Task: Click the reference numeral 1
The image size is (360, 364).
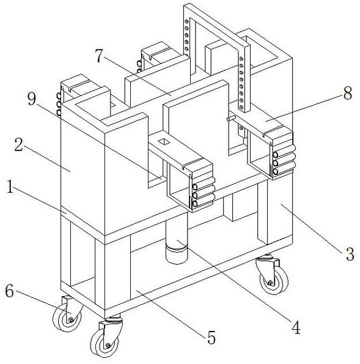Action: pyautogui.click(x=10, y=187)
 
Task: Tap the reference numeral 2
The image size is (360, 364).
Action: pyautogui.click(x=18, y=145)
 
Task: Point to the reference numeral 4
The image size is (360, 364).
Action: pyautogui.click(x=296, y=327)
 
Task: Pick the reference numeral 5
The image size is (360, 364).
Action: pyautogui.click(x=211, y=337)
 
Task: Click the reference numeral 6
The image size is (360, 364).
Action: pyautogui.click(x=10, y=291)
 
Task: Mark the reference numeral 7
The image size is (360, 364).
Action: pyautogui.click(x=99, y=56)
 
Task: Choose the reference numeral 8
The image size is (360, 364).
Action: pyautogui.click(x=348, y=93)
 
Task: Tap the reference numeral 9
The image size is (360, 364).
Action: pyautogui.click(x=32, y=98)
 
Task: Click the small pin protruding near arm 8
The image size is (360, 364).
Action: pyautogui.click(x=231, y=119)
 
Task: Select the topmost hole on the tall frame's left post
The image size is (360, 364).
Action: pyautogui.click(x=186, y=21)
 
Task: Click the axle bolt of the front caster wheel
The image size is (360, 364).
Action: pyautogui.click(x=108, y=346)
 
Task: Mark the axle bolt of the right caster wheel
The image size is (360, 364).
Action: pyautogui.click(x=270, y=283)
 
